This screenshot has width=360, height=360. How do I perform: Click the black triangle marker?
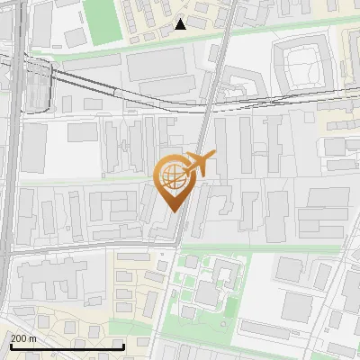[181, 24]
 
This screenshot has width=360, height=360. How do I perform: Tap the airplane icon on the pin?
[200, 164]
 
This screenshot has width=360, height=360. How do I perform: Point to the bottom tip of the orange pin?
[171, 211]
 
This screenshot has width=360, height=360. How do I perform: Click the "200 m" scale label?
[22, 338]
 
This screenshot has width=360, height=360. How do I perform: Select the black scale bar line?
[67, 346]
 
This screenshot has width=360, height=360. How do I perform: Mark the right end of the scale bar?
[123, 346]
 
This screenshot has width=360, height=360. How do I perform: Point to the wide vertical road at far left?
[9, 180]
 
